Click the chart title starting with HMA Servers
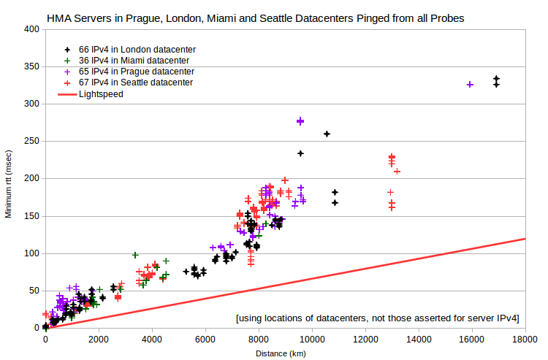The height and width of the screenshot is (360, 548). tap(256, 18)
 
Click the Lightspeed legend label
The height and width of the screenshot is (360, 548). tap(101, 94)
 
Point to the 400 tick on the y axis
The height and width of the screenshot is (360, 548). tap(32, 29)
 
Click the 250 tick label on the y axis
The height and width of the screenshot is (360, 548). tap(32, 141)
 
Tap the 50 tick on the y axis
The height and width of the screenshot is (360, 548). tap(34, 291)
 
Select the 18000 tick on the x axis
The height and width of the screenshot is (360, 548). tap(525, 339)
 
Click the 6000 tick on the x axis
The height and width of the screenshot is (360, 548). tap(205, 339)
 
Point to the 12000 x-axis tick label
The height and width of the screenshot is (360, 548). tap(365, 339)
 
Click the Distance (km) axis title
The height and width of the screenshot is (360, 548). tap(281, 353)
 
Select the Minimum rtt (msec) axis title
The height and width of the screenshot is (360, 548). tap(8, 184)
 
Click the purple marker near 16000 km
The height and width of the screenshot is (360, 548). tap(470, 85)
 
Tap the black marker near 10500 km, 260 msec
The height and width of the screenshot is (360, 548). tap(327, 134)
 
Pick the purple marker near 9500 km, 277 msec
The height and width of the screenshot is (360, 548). tap(300, 121)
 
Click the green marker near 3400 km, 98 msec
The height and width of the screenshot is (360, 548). tap(135, 255)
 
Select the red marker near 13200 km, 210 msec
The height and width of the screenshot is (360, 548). tap(397, 172)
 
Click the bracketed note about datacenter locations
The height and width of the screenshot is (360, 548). tap(378, 318)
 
